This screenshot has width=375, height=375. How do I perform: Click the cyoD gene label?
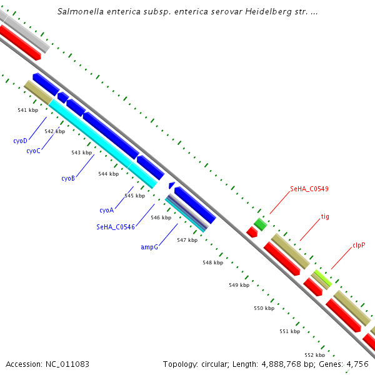(20, 141)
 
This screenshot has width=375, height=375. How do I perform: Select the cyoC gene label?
(33, 151)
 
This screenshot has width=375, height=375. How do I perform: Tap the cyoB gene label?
(68, 178)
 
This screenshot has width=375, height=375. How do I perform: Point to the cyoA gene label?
(106, 210)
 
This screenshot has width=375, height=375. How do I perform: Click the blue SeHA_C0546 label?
(116, 227)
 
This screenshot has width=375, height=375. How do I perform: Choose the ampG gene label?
(149, 247)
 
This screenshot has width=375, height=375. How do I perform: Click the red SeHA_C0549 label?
(309, 189)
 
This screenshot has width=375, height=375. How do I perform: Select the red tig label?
(325, 217)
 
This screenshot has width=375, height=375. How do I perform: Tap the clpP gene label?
(358, 245)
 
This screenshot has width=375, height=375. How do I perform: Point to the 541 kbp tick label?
(27, 110)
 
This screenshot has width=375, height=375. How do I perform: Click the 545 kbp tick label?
(134, 196)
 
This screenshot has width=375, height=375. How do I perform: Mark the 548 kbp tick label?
(212, 262)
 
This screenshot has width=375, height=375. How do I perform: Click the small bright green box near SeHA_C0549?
(260, 223)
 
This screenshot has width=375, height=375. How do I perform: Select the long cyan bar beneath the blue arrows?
(103, 144)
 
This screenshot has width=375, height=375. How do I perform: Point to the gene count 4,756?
(357, 364)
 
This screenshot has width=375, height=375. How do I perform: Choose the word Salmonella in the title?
(79, 11)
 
